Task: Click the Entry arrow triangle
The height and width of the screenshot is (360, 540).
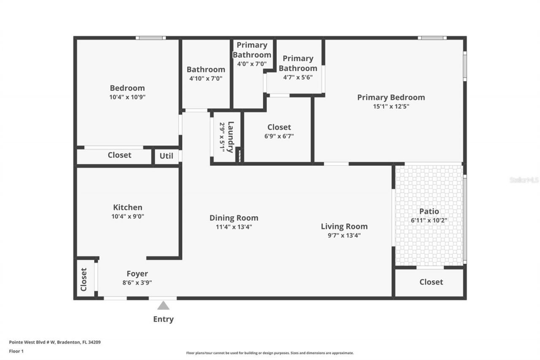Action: click(x=163, y=306)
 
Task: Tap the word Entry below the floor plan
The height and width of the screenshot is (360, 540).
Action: click(x=163, y=319)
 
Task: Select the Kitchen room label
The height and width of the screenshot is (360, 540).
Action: click(x=127, y=207)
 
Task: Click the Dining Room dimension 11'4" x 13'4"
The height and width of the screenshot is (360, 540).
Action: click(x=234, y=227)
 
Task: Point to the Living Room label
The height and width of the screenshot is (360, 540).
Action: click(x=344, y=226)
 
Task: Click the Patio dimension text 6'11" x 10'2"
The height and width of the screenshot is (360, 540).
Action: click(x=429, y=220)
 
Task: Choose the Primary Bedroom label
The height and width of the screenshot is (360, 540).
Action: click(x=391, y=97)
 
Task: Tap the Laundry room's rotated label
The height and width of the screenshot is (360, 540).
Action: click(x=231, y=137)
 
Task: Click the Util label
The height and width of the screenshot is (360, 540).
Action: click(x=166, y=156)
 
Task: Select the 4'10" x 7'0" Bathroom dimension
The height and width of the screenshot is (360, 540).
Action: click(x=206, y=78)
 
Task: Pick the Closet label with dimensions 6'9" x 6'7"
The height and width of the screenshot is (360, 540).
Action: click(x=279, y=127)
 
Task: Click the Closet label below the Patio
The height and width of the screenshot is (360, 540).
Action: click(x=431, y=282)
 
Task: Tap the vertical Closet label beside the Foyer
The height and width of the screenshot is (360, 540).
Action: click(x=84, y=279)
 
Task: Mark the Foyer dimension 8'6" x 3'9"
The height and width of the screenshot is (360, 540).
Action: click(x=137, y=283)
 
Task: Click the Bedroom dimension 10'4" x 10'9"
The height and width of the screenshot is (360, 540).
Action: click(x=127, y=97)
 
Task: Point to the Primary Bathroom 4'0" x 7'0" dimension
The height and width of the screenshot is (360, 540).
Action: click(x=252, y=64)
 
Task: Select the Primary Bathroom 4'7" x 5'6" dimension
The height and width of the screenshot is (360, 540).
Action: click(x=298, y=77)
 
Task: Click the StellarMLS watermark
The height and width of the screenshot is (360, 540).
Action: click(x=524, y=180)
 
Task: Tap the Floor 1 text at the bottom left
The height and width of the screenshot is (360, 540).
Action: click(x=16, y=351)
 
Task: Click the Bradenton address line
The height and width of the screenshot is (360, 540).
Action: click(x=55, y=342)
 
